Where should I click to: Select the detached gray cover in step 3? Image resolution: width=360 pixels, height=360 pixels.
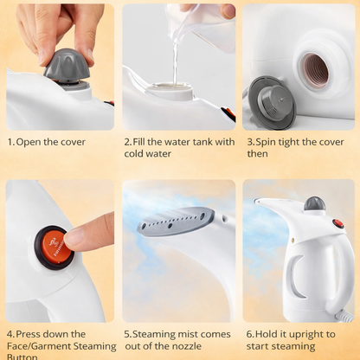click(x=271, y=101)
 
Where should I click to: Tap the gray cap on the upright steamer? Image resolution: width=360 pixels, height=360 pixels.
click(x=314, y=204)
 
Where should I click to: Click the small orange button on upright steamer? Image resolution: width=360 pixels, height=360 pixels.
click(x=338, y=223)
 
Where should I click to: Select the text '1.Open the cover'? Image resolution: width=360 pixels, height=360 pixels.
click(x=48, y=142)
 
